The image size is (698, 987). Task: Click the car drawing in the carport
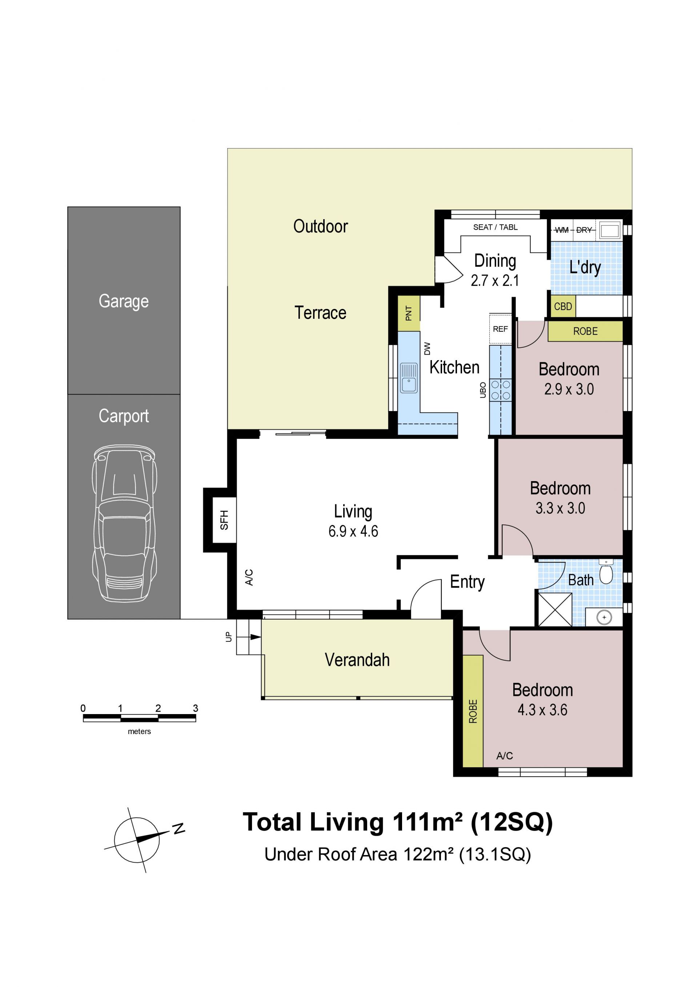pyautogui.click(x=124, y=523)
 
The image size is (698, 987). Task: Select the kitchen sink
pyautogui.click(x=408, y=378)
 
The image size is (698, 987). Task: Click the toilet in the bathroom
pyautogui.click(x=606, y=571)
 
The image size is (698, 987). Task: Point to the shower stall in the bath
pyautogui.click(x=555, y=609)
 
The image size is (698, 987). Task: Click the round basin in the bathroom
pyautogui.click(x=604, y=617)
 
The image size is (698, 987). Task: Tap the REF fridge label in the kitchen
pyautogui.click(x=500, y=329)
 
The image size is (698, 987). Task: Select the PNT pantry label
pyautogui.click(x=409, y=313)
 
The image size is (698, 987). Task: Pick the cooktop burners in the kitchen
pyautogui.click(x=501, y=390)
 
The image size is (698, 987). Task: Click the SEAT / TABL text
pyautogui.click(x=495, y=227)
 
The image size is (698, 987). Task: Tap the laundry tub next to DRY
pyautogui.click(x=610, y=230)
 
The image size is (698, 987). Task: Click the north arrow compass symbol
pyautogui.click(x=137, y=839)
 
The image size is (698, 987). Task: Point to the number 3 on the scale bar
pyautogui.click(x=195, y=708)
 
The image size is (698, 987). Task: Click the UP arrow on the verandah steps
pyautogui.click(x=256, y=637)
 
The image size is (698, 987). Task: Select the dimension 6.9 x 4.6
pyautogui.click(x=353, y=531)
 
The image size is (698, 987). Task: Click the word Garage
pyautogui.click(x=124, y=301)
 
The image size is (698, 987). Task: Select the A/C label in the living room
pyautogui.click(x=249, y=577)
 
